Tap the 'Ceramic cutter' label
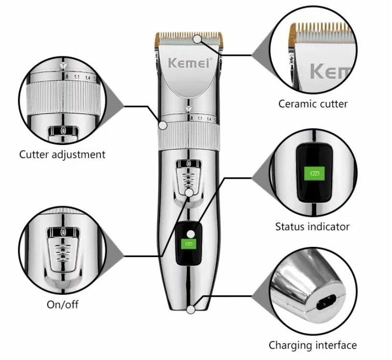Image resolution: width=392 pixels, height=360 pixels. (313, 104)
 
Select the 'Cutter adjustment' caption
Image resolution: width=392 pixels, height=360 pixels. (62, 155)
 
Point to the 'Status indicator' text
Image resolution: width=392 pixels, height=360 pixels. (312, 227)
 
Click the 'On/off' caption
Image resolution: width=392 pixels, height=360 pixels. (62, 305)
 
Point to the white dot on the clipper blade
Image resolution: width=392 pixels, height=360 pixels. (197, 38)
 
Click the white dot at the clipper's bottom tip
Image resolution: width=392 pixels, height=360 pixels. (190, 309)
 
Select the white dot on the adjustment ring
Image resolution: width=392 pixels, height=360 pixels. (162, 125)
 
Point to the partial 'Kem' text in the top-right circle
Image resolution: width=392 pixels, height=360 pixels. (329, 72)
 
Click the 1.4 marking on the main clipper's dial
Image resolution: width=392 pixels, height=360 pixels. (209, 119)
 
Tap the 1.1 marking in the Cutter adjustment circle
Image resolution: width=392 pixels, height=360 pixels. (77, 77)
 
